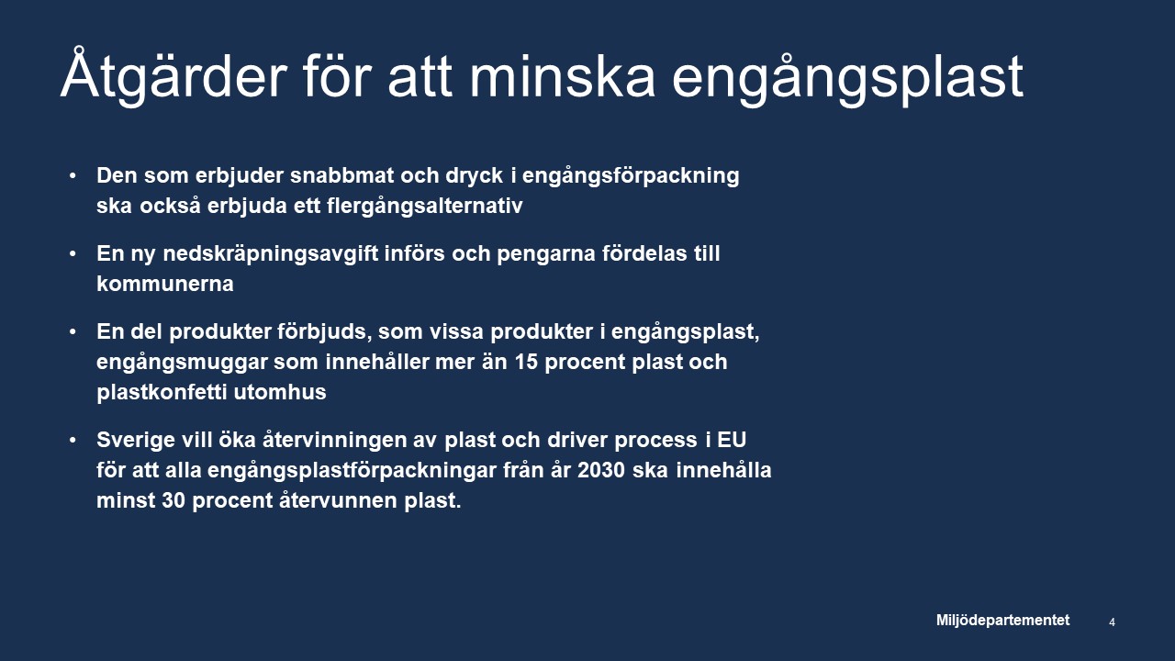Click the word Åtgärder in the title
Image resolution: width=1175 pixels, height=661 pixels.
pyautogui.click(x=174, y=77)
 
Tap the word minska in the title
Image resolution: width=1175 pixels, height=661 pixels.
pyautogui.click(x=562, y=77)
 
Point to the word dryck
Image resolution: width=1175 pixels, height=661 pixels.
pyautogui.click(x=475, y=176)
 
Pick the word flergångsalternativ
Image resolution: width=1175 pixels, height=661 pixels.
pyautogui.click(x=424, y=207)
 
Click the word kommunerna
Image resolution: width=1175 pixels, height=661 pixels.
pyautogui.click(x=164, y=284)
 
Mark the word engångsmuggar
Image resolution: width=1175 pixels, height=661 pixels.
pyautogui.click(x=182, y=363)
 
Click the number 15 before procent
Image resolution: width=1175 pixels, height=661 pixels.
pyautogui.click(x=526, y=362)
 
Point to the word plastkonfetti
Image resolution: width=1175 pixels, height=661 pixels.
pyautogui.click(x=162, y=392)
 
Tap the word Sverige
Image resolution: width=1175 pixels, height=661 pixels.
pyautogui.click(x=135, y=441)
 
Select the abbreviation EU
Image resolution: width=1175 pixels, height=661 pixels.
pyautogui.click(x=732, y=440)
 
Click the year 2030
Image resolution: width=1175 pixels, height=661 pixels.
pyautogui.click(x=601, y=470)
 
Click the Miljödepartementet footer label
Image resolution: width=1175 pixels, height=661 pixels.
pyautogui.click(x=1002, y=620)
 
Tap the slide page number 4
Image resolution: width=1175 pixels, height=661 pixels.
pyautogui.click(x=1112, y=622)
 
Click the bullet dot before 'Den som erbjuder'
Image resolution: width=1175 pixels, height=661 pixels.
pyautogui.click(x=73, y=175)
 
